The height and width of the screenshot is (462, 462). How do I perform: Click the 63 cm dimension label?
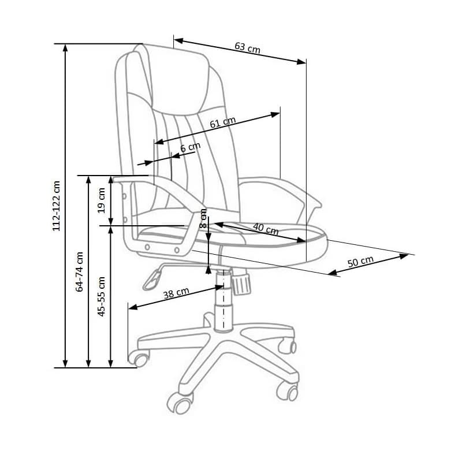pos(248,48)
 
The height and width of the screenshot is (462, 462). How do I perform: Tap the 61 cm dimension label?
pos(223,122)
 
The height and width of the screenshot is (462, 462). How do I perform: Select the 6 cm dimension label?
pos(191,147)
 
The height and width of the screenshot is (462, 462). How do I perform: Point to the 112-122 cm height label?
pos(56,206)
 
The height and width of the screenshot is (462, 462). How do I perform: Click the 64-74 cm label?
pos(80,271)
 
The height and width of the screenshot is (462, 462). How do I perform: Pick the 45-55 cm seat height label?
pos(102,296)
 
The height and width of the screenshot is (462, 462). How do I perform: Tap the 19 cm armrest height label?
pos(102,200)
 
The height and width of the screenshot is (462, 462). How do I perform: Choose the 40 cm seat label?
pos(266,229)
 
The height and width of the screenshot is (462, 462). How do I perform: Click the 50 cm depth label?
pos(360,262)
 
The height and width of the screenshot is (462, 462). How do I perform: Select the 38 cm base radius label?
pos(176,293)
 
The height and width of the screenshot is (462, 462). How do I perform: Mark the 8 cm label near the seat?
pos(203,218)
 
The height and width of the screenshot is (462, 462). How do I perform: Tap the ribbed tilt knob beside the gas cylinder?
pos(241,283)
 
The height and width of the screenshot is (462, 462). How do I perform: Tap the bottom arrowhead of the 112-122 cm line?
pos(65,364)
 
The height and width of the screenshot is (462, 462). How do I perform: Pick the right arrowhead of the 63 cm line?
pos(301,62)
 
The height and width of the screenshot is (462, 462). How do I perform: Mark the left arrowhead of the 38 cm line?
pos(133,307)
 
